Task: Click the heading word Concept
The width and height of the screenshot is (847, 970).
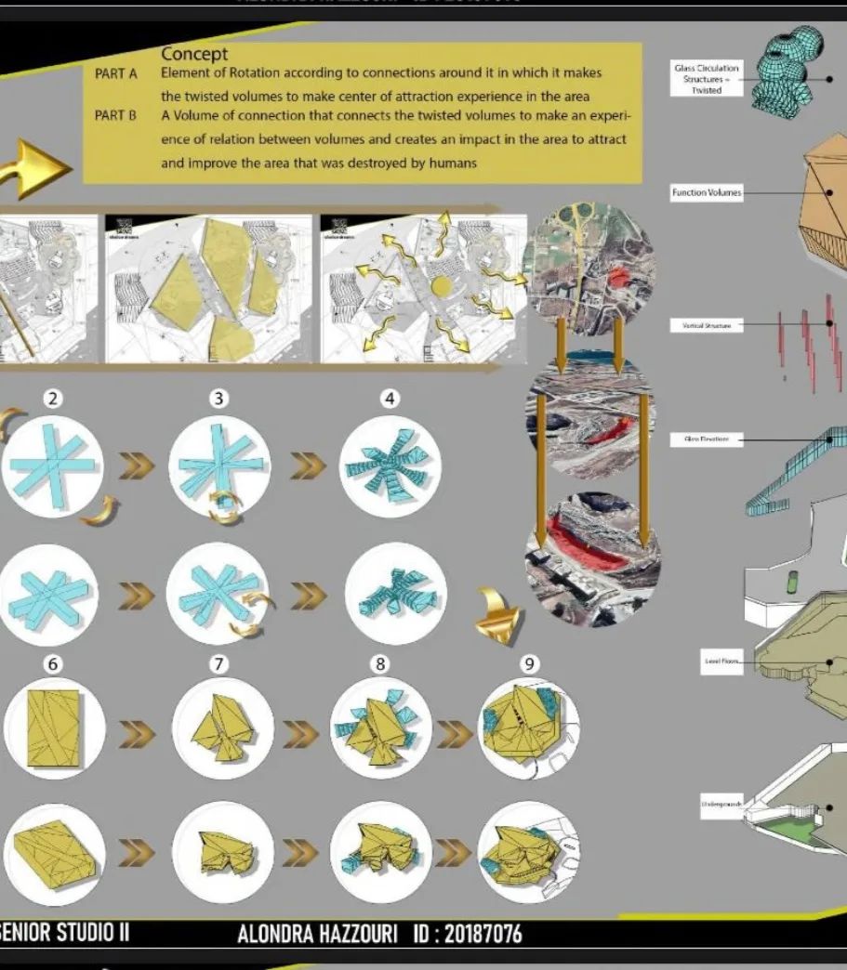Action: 195,55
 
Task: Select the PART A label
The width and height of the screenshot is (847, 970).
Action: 116,73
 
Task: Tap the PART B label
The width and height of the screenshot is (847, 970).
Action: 116,116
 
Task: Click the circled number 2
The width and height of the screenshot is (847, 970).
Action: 54,399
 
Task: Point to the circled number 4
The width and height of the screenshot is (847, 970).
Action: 390,399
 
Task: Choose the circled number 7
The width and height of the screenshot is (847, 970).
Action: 219,663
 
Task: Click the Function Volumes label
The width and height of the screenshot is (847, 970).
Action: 707,193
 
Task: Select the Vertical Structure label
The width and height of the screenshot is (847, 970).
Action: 707,325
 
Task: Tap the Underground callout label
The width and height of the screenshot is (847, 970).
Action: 721,805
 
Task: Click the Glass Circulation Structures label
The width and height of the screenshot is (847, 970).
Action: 707,79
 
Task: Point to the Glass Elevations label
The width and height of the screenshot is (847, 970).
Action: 707,439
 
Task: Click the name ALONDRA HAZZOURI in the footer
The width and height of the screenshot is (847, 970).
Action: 318,934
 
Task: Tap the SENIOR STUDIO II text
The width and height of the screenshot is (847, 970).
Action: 65,933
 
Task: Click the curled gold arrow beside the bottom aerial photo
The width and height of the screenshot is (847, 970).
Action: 499,615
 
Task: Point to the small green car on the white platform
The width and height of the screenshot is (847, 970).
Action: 791,583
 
